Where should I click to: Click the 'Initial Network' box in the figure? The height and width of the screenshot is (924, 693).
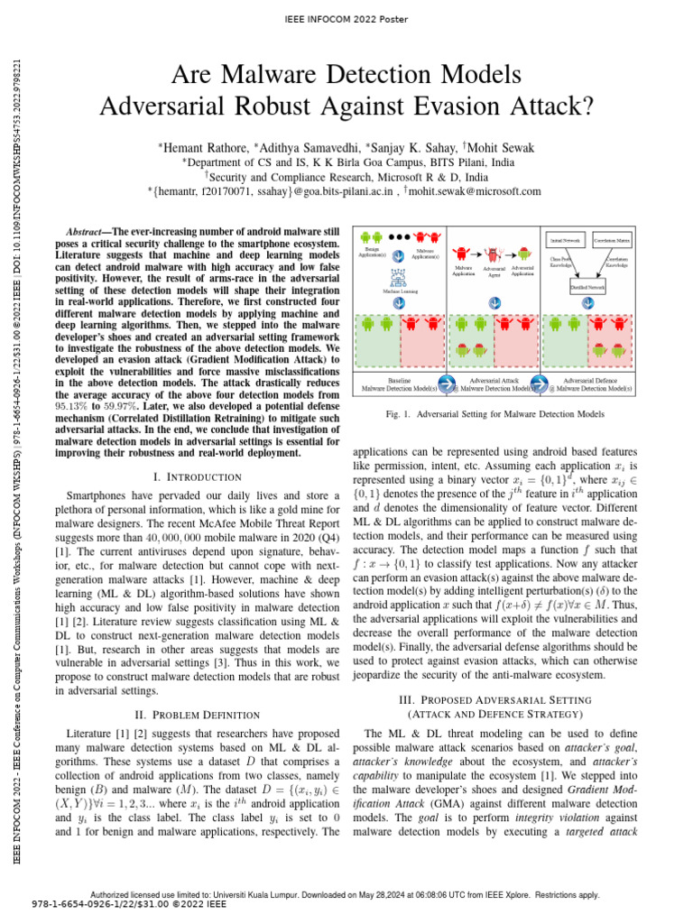(x=564, y=240)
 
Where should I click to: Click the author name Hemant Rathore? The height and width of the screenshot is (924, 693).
(x=192, y=145)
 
